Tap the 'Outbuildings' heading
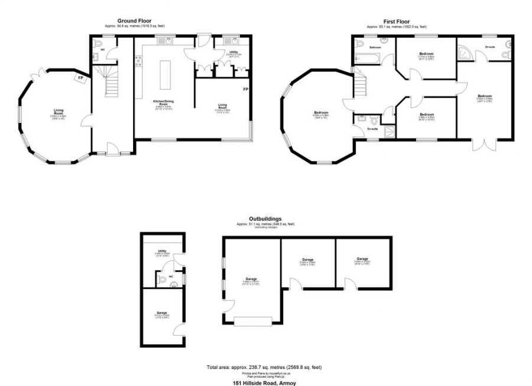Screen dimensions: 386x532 pyautogui.click(x=265, y=219)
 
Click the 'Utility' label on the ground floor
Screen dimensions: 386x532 pyautogui.click(x=233, y=52)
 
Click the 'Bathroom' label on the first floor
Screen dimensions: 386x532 pyautogui.click(x=375, y=47)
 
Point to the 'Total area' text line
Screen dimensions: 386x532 pyautogui.click(x=264, y=367)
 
